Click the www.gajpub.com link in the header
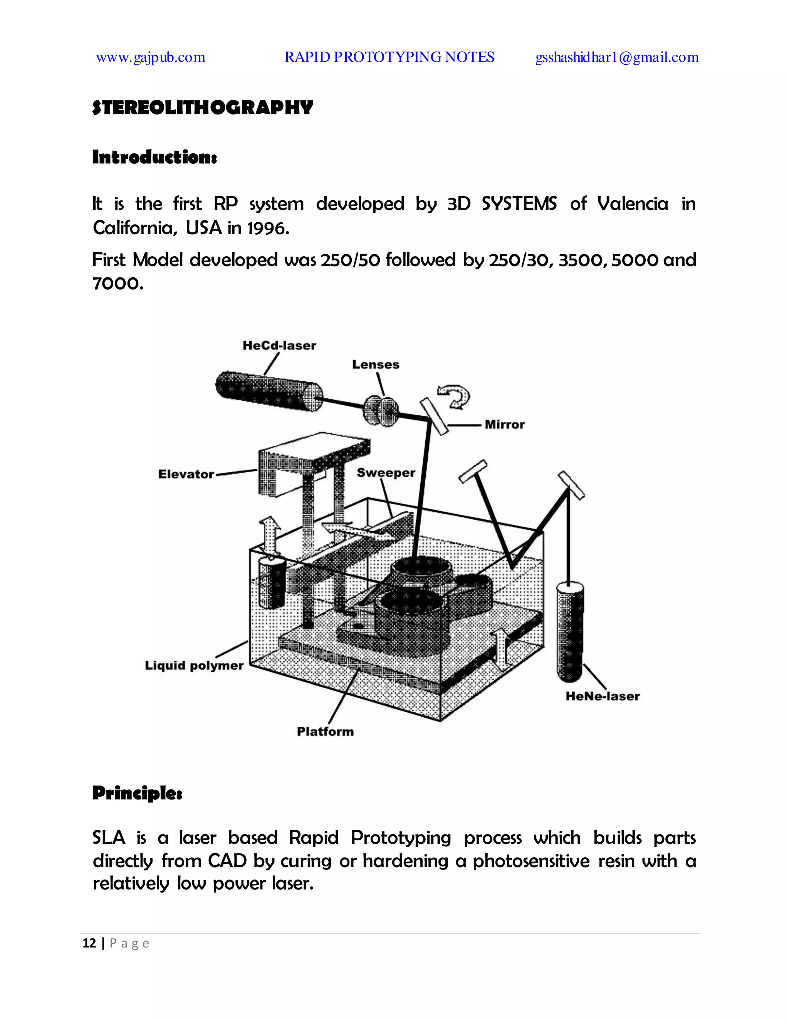pyautogui.click(x=151, y=57)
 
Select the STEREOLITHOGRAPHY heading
pyautogui.click(x=202, y=107)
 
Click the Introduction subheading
pyautogui.click(x=154, y=157)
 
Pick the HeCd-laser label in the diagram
pyautogui.click(x=279, y=346)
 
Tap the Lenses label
pyautogui.click(x=375, y=364)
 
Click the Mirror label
pyautogui.click(x=504, y=425)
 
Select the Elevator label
pyautogui.click(x=186, y=474)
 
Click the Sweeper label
pyautogui.click(x=386, y=473)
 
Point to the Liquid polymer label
pyautogui.click(x=194, y=665)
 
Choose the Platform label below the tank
pyautogui.click(x=325, y=731)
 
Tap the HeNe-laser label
pyautogui.click(x=602, y=696)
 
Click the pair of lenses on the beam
pyautogui.click(x=381, y=410)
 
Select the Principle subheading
pyautogui.click(x=137, y=793)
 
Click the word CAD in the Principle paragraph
pyautogui.click(x=227, y=861)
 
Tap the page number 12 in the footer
pyautogui.click(x=89, y=944)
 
